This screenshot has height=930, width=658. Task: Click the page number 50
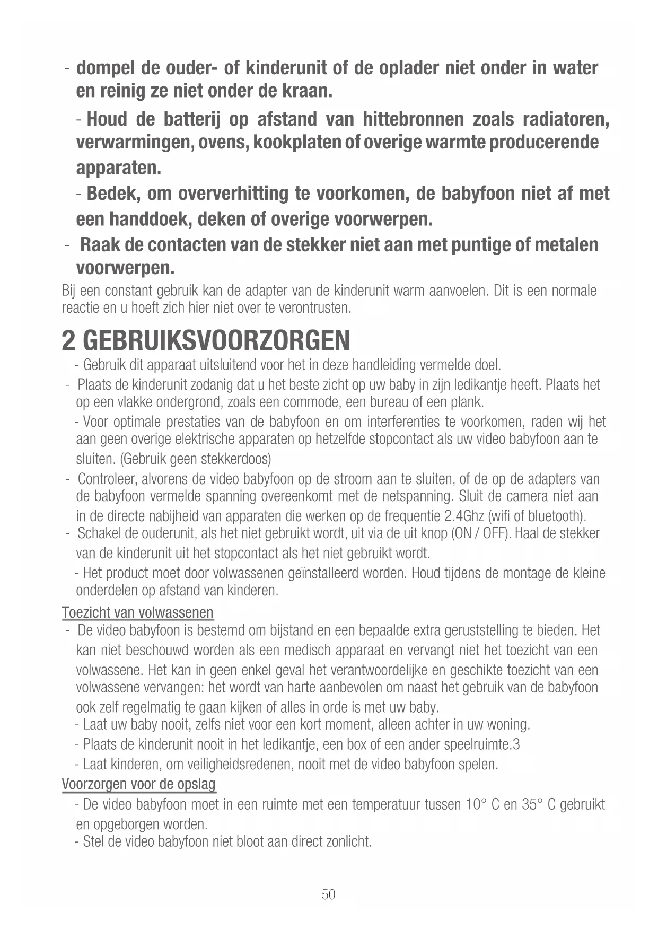(x=328, y=894)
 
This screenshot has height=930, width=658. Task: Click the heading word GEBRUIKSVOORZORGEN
(x=216, y=340)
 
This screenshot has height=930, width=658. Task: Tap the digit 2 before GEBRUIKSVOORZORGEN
(x=68, y=340)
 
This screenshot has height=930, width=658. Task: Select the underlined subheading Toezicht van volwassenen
(x=137, y=613)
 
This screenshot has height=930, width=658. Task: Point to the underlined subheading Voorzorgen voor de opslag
(x=138, y=784)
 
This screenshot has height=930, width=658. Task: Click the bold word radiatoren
(x=565, y=119)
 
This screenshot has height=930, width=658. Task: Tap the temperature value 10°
(x=476, y=805)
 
